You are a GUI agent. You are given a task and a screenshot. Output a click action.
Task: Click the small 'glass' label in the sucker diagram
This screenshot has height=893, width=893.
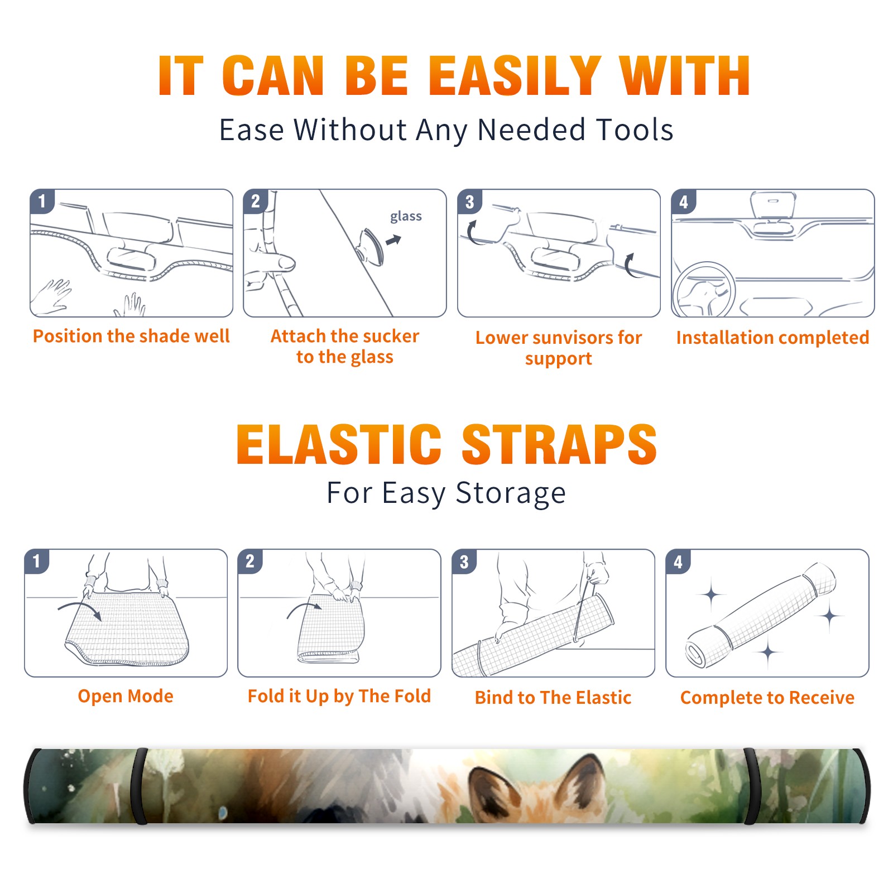pyautogui.click(x=406, y=217)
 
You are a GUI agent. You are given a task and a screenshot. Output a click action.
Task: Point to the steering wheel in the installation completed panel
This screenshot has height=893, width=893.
pyautogui.click(x=704, y=290)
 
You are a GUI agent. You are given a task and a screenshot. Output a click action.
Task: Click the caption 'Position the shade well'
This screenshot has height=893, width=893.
pyautogui.click(x=131, y=336)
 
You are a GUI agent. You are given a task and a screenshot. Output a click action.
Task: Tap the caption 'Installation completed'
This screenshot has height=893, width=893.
pyautogui.click(x=772, y=338)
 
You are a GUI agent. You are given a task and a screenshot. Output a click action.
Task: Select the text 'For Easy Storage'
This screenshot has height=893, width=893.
pyautogui.click(x=446, y=493)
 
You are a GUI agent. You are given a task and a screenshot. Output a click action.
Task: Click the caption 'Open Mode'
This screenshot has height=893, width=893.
pyautogui.click(x=126, y=696)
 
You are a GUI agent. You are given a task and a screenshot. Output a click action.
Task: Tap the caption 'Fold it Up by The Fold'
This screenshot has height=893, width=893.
pyautogui.click(x=339, y=697)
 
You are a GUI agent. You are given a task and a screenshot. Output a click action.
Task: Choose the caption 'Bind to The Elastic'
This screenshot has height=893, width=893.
pyautogui.click(x=553, y=698)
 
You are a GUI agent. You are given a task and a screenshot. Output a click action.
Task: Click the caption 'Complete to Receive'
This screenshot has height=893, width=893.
pyautogui.click(x=767, y=698)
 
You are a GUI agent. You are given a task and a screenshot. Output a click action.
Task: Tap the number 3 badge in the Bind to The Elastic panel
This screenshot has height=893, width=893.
pyautogui.click(x=464, y=561)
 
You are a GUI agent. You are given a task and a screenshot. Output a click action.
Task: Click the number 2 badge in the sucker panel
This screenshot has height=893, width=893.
pyautogui.click(x=256, y=201)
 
